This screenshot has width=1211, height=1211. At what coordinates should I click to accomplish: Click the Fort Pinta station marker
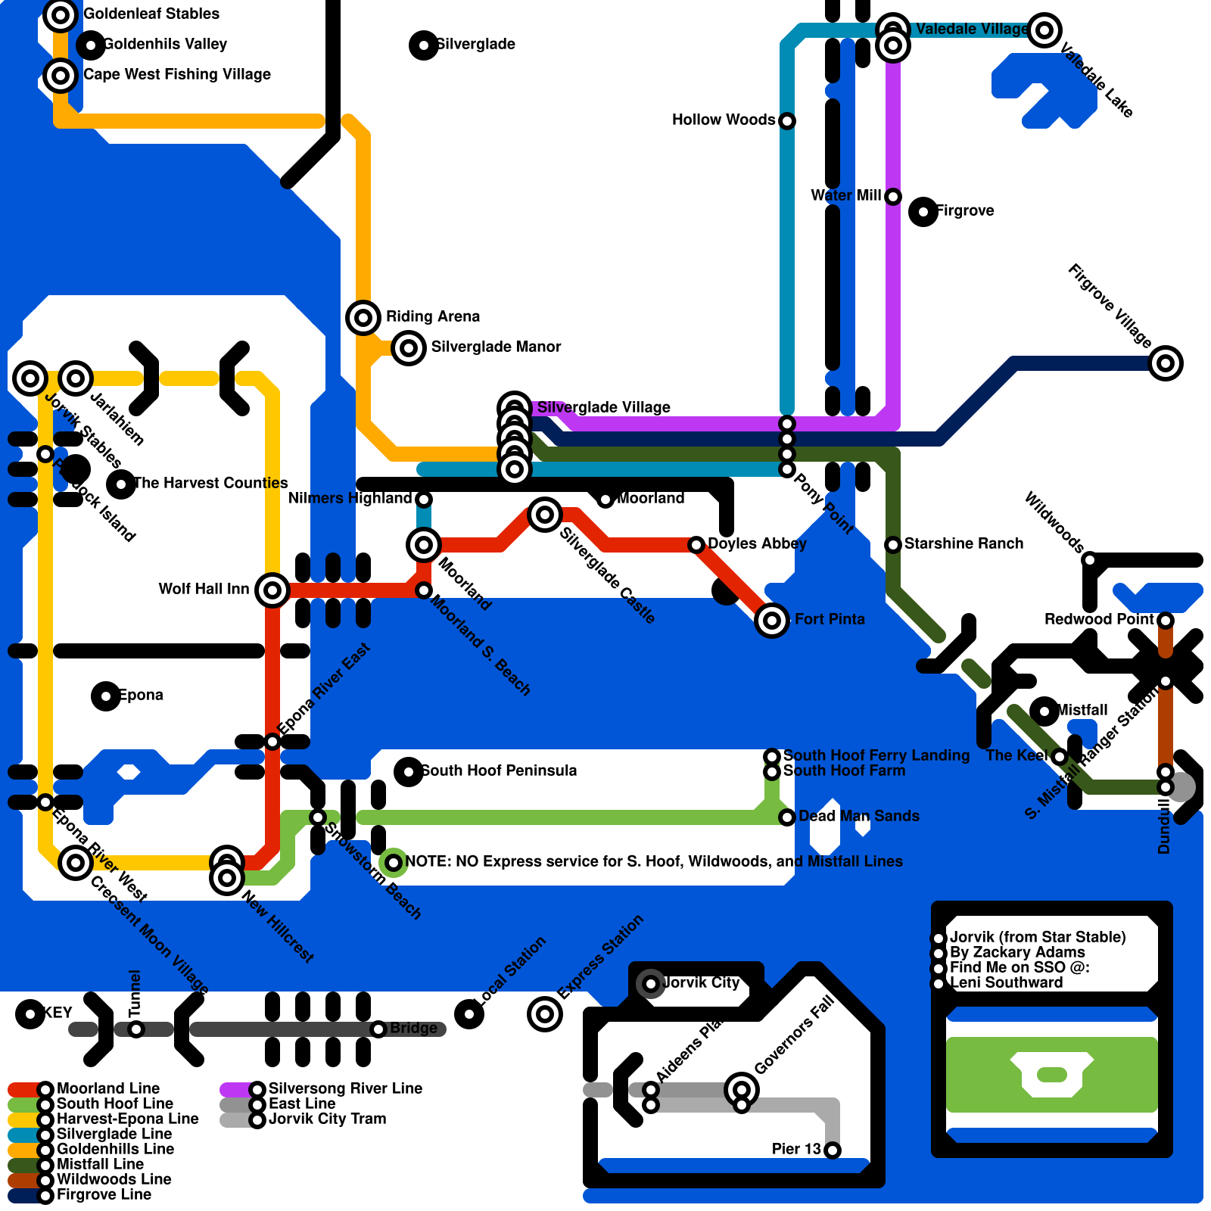(x=772, y=621)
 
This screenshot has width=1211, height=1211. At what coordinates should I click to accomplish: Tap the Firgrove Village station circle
(x=1166, y=363)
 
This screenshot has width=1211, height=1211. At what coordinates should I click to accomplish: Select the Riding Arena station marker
(x=363, y=318)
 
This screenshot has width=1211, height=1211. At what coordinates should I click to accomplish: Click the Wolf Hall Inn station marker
(x=272, y=590)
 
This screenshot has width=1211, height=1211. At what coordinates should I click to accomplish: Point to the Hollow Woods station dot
(x=787, y=121)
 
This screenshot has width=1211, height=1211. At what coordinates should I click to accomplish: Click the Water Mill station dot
(x=893, y=197)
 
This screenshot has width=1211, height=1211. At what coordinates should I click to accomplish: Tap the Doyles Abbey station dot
(x=696, y=545)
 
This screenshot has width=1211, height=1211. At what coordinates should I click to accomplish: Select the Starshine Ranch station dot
(x=893, y=545)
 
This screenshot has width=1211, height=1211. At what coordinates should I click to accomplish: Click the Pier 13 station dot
(x=833, y=1150)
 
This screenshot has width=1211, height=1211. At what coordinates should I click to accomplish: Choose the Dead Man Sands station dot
(x=787, y=817)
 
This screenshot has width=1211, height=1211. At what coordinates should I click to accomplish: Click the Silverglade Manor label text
(x=496, y=347)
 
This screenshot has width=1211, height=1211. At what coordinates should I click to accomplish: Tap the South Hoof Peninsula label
(x=499, y=770)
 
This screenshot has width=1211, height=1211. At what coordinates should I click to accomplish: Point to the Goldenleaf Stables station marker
(x=61, y=15)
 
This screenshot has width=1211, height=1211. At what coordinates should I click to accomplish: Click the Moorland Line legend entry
(x=107, y=1088)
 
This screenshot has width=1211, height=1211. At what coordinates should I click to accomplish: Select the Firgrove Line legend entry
(x=104, y=1194)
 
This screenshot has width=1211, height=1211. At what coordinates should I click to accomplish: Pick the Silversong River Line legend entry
(x=345, y=1088)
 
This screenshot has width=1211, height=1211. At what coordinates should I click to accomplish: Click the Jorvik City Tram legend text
(x=327, y=1119)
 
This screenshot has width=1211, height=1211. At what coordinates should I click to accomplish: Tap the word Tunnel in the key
(x=135, y=993)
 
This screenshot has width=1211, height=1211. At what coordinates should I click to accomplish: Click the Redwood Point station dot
(x=1166, y=621)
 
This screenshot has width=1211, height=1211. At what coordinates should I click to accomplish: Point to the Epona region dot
(x=106, y=696)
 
